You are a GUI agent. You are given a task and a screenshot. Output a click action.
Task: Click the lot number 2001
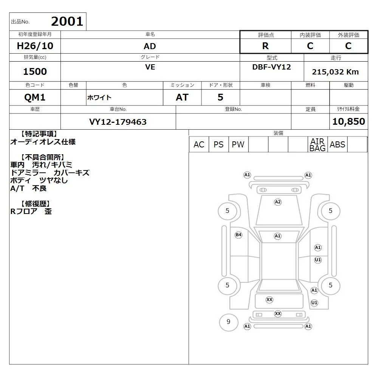click(x=67, y=22)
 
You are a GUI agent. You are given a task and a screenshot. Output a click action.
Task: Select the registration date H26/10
click(x=35, y=46)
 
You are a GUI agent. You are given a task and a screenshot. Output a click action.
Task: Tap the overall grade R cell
click(x=265, y=46)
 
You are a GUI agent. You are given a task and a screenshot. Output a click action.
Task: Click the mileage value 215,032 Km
click(x=335, y=72)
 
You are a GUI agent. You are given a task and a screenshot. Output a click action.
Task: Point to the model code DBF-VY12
click(x=271, y=67)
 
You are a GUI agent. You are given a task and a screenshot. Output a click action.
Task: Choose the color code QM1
click(x=35, y=98)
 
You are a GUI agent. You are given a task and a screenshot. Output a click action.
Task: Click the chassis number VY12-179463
click(x=118, y=122)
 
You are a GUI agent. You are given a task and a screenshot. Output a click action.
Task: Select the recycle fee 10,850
click(x=349, y=121)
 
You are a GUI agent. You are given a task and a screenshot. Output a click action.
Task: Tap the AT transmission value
click(x=182, y=98)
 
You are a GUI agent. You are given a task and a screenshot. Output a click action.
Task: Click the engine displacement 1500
click(x=35, y=71)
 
